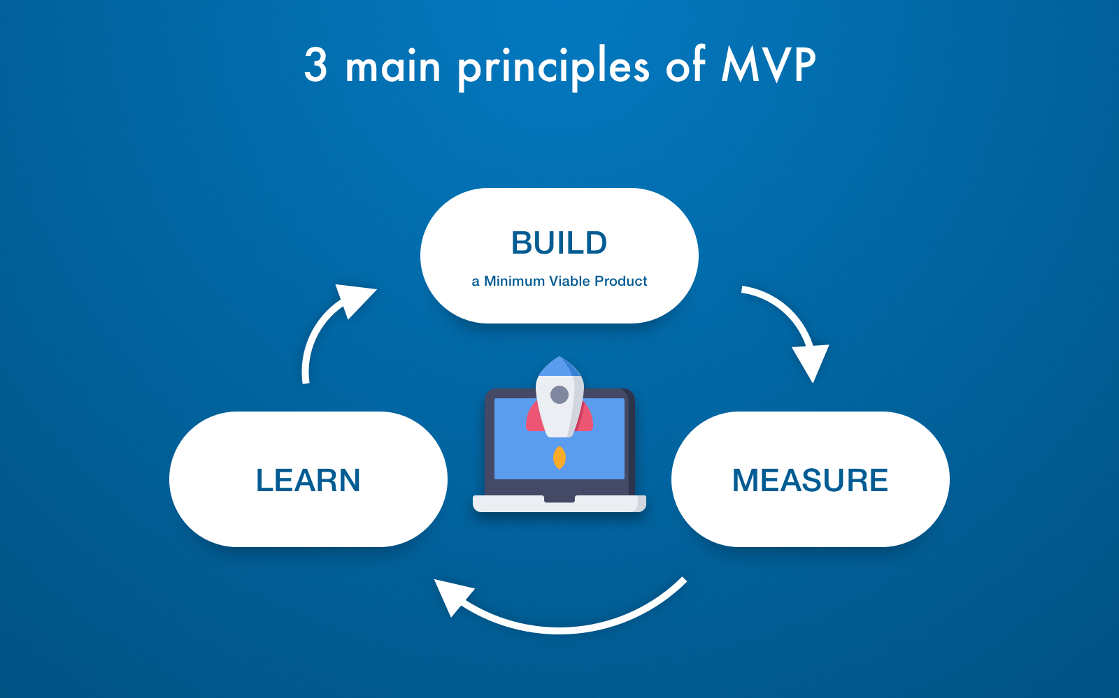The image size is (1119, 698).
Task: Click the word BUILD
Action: [x=559, y=243]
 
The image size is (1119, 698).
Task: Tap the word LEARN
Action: [x=308, y=481]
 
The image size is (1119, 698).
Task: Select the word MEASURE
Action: [x=810, y=481]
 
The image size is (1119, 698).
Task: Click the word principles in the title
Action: [x=553, y=68]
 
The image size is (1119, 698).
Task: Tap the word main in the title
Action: [x=393, y=68]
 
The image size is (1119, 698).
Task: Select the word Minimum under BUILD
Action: [x=514, y=281]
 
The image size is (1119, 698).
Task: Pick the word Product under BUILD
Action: [x=621, y=281]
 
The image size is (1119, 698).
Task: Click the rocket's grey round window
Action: [x=559, y=395]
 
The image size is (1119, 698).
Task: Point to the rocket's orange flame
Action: [x=559, y=458]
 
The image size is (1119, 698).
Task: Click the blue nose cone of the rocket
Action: [x=559, y=366]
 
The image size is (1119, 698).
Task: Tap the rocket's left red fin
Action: [x=533, y=419]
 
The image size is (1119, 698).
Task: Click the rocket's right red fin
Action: [x=586, y=419]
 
